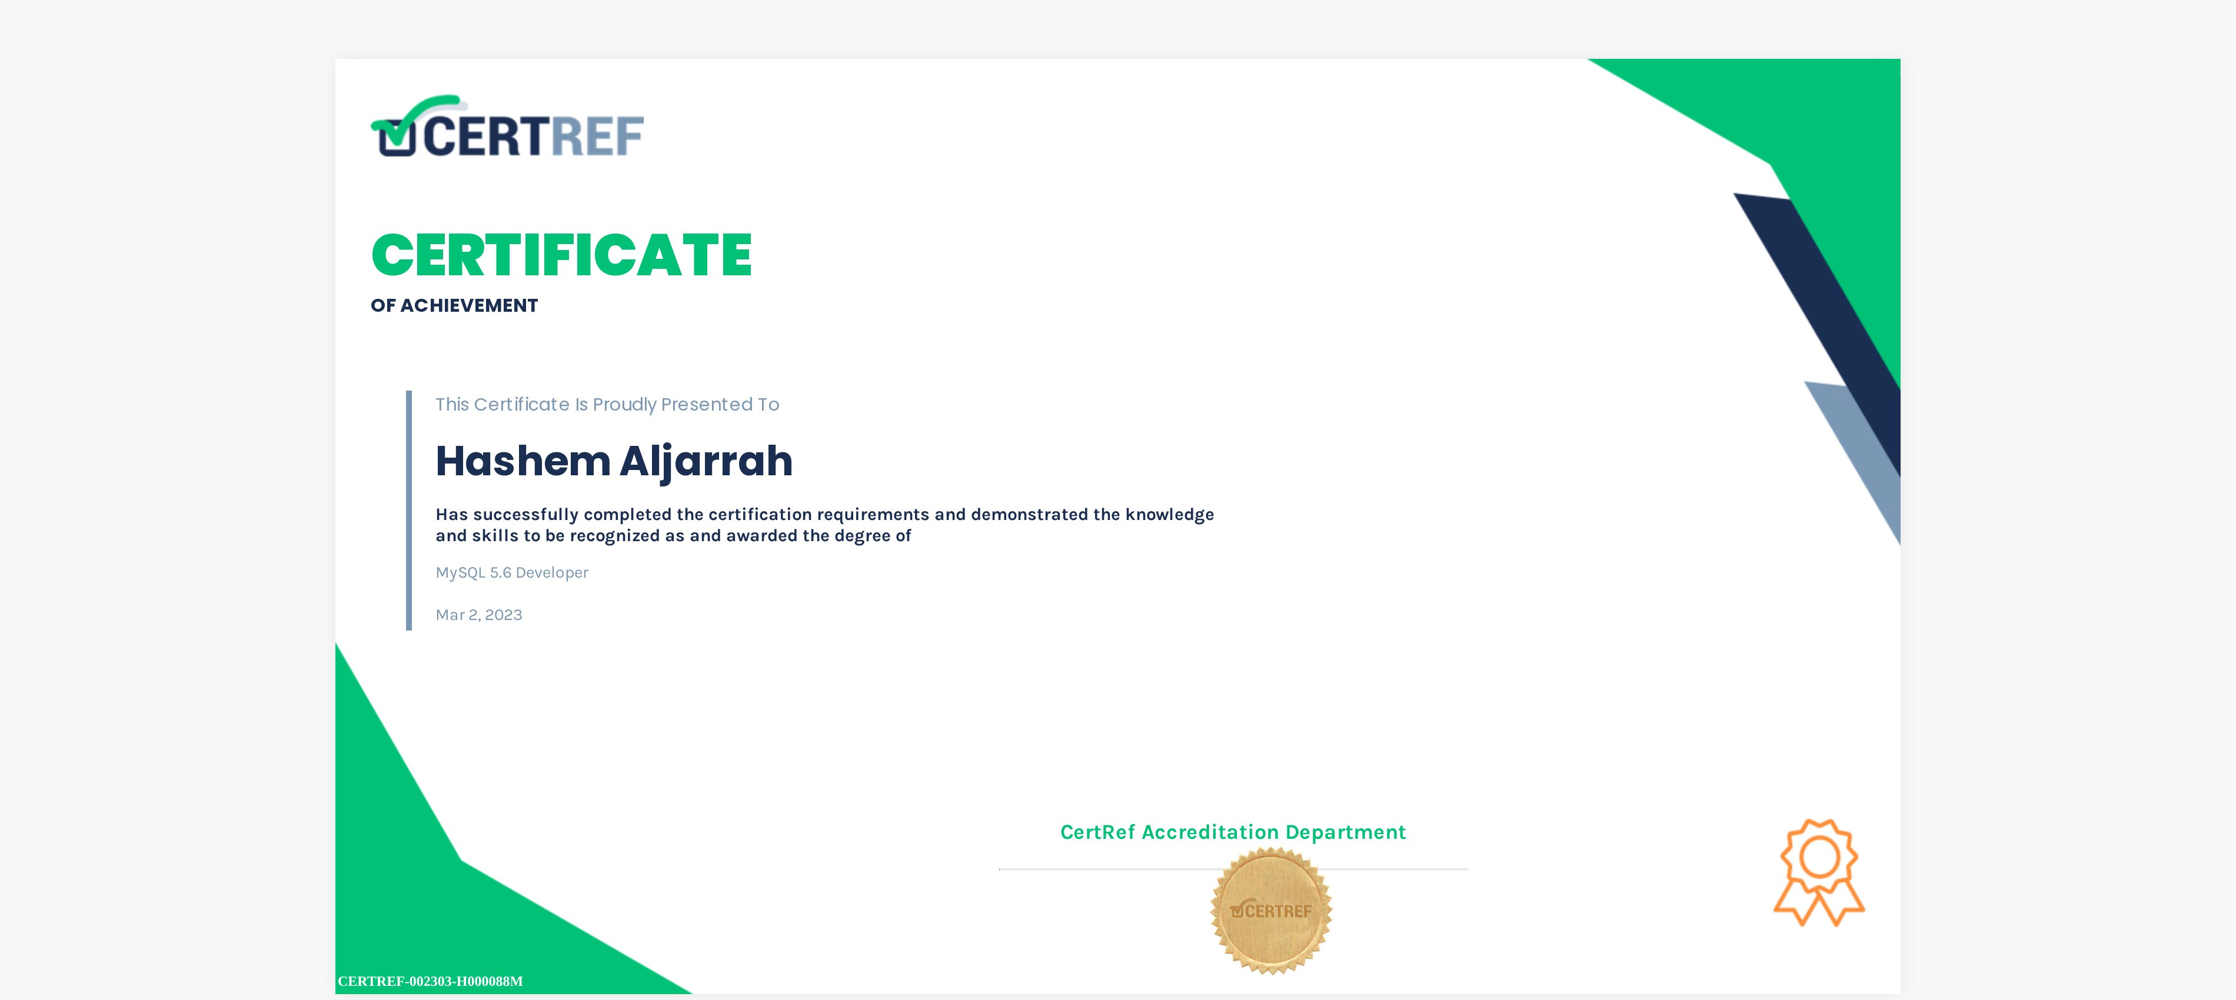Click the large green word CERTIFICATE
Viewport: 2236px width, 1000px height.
click(561, 255)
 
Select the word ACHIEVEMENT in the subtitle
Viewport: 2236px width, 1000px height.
click(469, 305)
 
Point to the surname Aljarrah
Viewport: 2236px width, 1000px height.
click(706, 462)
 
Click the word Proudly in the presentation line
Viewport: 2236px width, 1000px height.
click(624, 405)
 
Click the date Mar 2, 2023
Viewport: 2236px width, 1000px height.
click(479, 615)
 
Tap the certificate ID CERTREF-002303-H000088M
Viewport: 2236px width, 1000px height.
click(431, 981)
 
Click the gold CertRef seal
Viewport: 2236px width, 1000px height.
click(1272, 911)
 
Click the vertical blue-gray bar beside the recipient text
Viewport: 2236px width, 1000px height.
click(409, 511)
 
